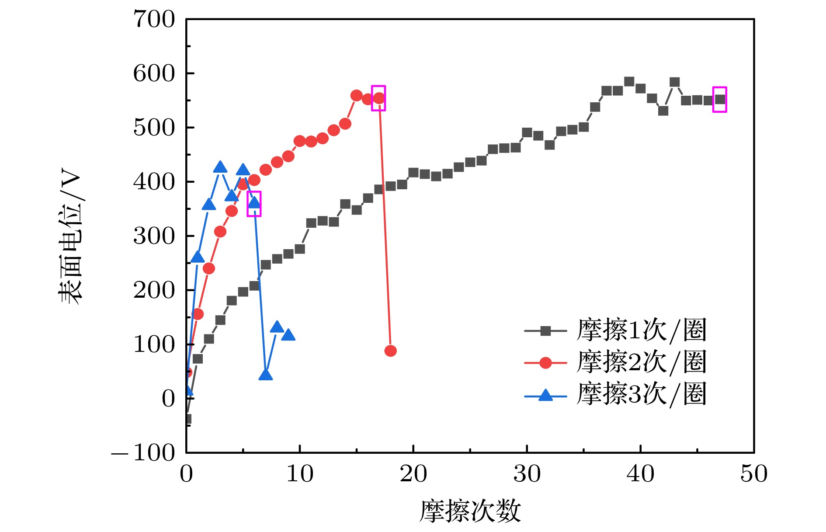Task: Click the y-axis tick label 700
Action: pos(154,20)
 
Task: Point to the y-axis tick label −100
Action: pos(143,453)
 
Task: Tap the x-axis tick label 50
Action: pos(753,474)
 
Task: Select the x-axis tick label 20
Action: pos(413,474)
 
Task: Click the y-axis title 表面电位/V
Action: pos(70,236)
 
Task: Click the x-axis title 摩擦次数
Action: pos(470,511)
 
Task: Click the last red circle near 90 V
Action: pos(390,351)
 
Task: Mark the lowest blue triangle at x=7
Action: pos(265,375)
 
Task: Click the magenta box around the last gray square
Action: pos(719,100)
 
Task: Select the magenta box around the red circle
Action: pos(378,98)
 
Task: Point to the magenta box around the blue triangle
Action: pos(254,204)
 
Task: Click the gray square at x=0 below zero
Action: pos(187,419)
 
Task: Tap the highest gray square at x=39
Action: pos(629,82)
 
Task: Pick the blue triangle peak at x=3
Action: pos(220,167)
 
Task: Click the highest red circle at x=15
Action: pos(356,96)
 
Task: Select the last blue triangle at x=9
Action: pos(288,335)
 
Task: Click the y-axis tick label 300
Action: pos(154,236)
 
